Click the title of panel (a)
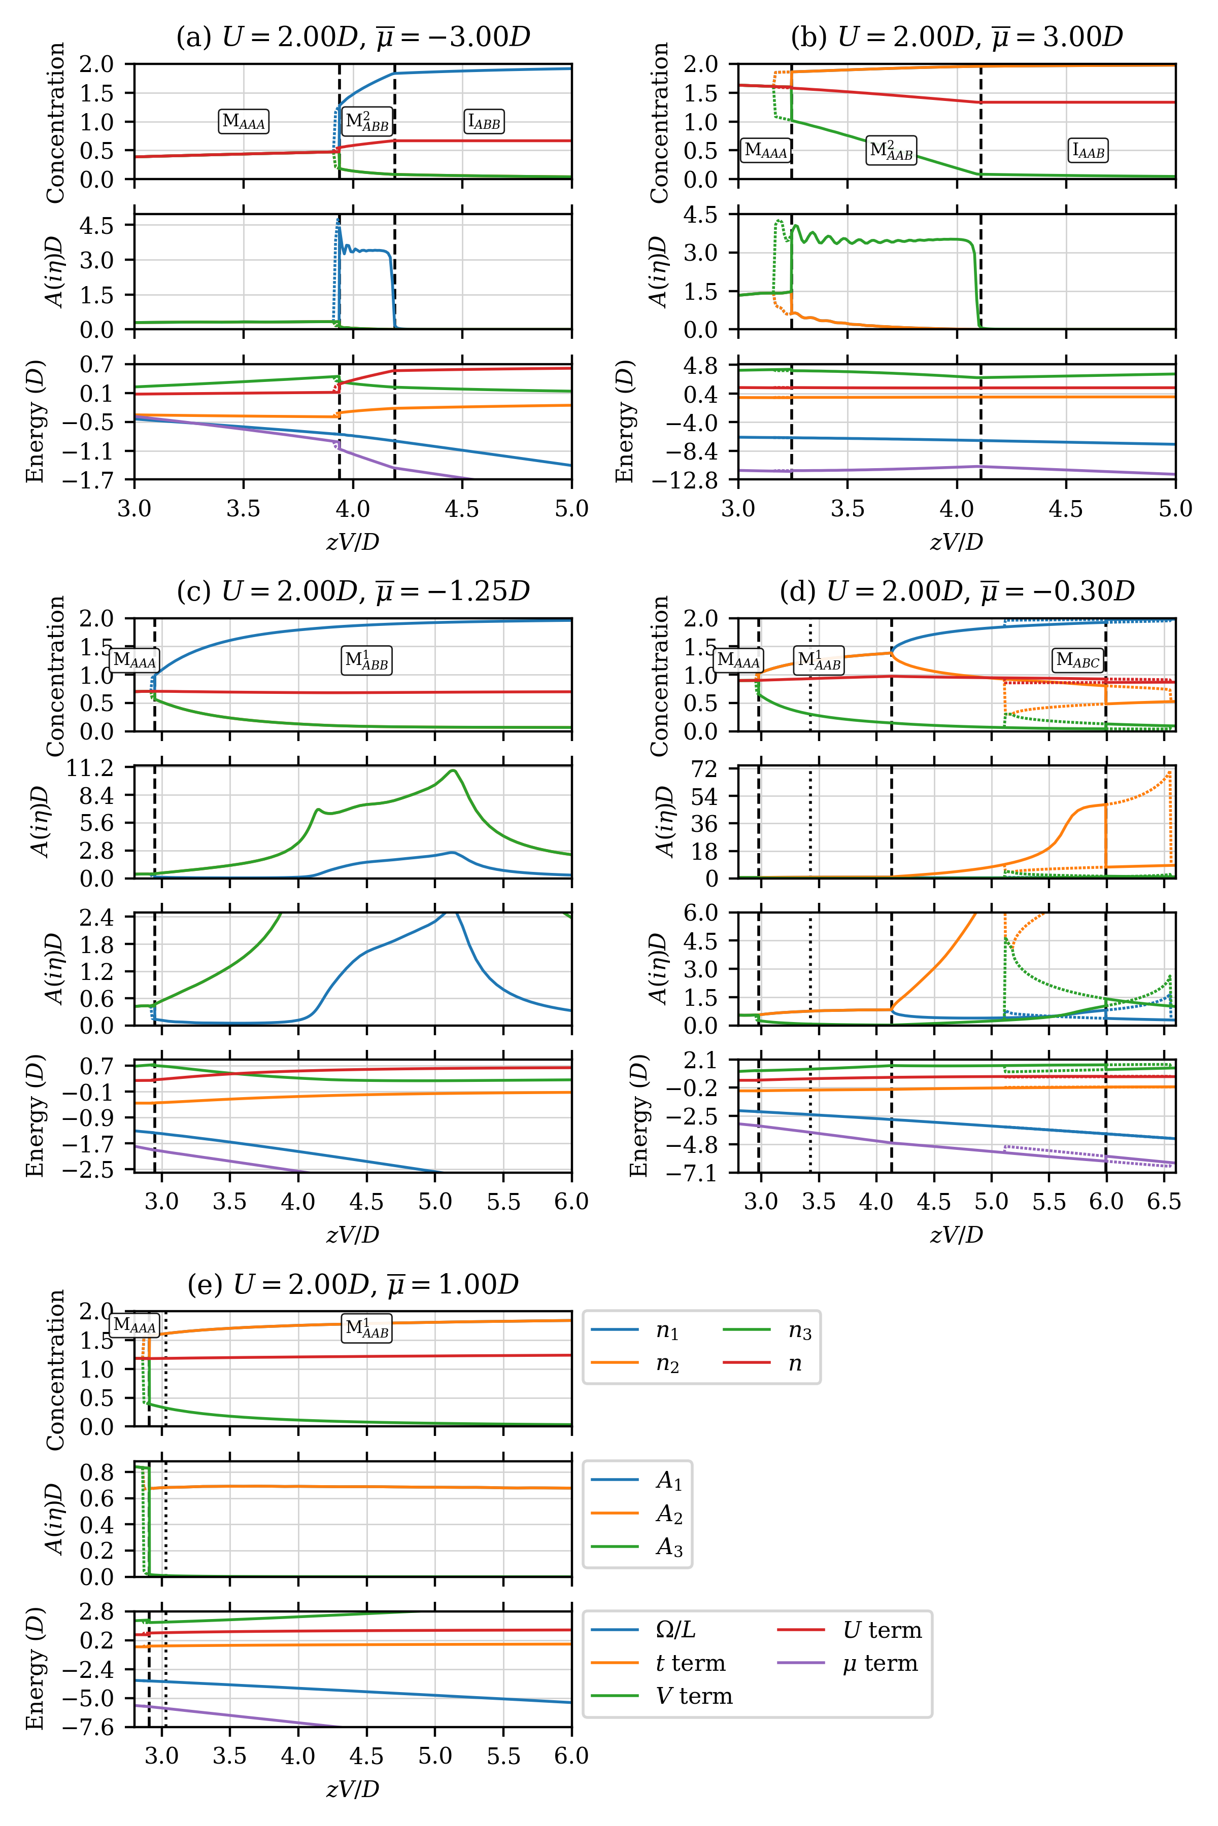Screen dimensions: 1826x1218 (x=353, y=37)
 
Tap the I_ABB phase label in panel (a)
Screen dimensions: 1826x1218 (x=485, y=121)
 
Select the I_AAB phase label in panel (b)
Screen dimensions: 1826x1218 (x=1088, y=151)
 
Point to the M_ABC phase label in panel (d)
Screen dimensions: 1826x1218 (x=1077, y=661)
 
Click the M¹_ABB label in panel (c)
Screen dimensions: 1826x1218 (x=366, y=661)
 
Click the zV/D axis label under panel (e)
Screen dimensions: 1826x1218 (x=353, y=1789)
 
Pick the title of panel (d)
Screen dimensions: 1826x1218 (x=957, y=591)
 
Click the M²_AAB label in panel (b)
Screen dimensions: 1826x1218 (x=891, y=151)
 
